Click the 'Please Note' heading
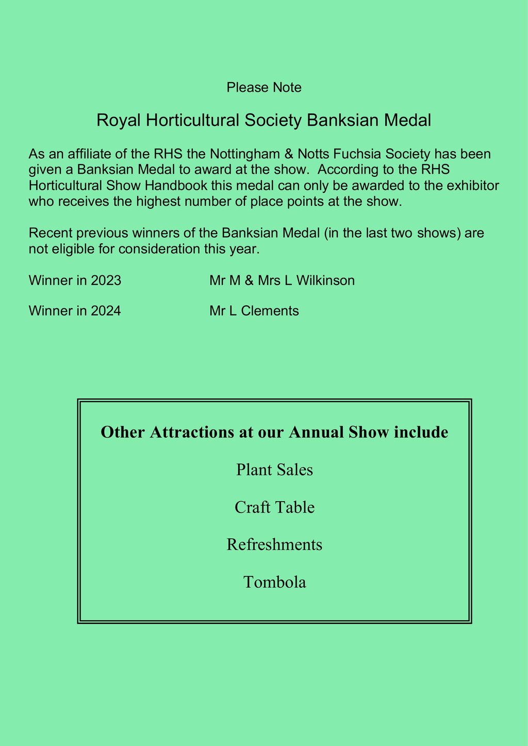(x=264, y=88)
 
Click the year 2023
(x=106, y=280)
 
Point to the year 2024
(x=106, y=311)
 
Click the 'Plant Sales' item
(x=274, y=470)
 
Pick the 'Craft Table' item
(x=274, y=507)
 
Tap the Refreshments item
(x=274, y=544)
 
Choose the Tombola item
(x=274, y=582)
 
